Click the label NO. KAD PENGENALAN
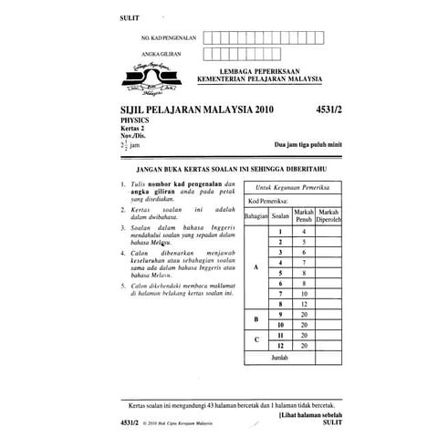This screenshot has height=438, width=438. (x=169, y=38)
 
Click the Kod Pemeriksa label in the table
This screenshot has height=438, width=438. (x=269, y=199)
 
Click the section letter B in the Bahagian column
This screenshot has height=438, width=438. (x=256, y=319)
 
